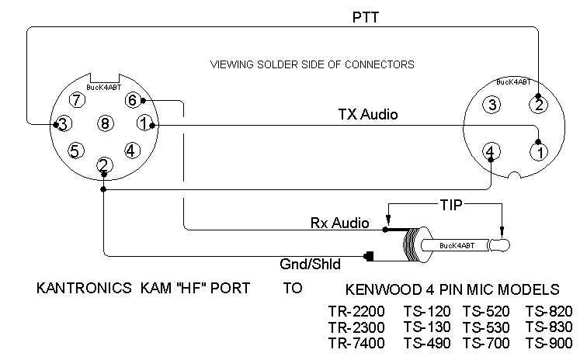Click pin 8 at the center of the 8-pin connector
(x=106, y=123)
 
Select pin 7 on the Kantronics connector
(x=76, y=100)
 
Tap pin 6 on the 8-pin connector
(x=133, y=100)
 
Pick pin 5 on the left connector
(x=75, y=151)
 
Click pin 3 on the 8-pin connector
(x=64, y=123)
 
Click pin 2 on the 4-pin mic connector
(x=537, y=104)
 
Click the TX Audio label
(x=368, y=115)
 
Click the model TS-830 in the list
(x=549, y=327)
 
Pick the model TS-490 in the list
(x=425, y=343)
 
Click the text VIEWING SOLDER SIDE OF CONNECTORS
(x=313, y=64)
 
